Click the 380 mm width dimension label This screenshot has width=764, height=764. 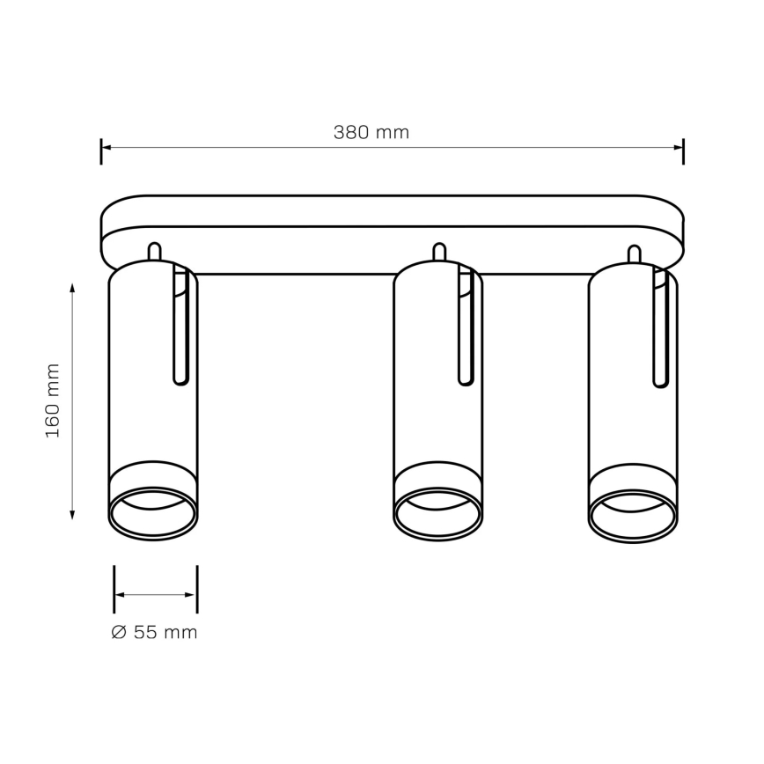(x=371, y=133)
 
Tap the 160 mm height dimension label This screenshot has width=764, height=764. (x=53, y=400)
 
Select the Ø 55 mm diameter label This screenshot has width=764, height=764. (x=155, y=632)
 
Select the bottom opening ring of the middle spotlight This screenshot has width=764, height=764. (x=437, y=515)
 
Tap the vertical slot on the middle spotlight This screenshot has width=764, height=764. (x=466, y=327)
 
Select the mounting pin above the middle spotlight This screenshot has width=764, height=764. (x=437, y=252)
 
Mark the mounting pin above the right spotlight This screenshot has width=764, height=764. (x=633, y=253)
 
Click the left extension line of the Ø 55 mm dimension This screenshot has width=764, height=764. (x=114, y=588)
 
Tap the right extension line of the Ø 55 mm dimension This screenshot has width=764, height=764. (x=196, y=588)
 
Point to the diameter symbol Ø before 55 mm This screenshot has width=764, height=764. (x=120, y=632)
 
